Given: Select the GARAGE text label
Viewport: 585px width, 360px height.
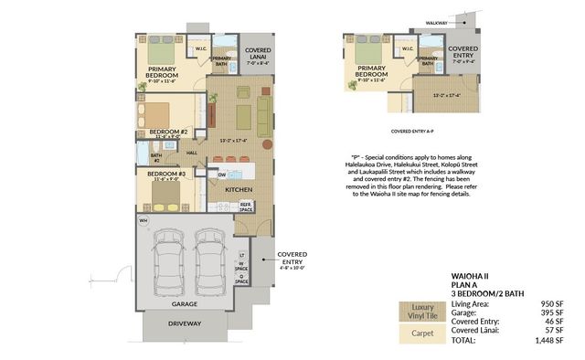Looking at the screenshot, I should click(x=186, y=302).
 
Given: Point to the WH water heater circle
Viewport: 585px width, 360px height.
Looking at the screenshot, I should click(x=144, y=221).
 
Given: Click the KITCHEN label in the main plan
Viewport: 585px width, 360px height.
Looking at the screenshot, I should click(x=238, y=189).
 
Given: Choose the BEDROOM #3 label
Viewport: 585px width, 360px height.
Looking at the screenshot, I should click(x=166, y=174).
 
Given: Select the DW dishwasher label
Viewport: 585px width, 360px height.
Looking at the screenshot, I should click(x=222, y=175).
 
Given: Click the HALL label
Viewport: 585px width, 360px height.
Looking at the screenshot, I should click(x=192, y=153).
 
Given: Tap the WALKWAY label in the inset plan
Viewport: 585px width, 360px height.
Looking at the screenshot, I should click(x=437, y=19).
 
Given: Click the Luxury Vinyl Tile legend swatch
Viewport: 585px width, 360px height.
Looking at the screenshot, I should click(x=422, y=311).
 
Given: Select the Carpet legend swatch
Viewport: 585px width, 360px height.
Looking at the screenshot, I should click(x=422, y=334).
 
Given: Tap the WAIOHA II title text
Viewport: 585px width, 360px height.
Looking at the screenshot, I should click(x=470, y=274).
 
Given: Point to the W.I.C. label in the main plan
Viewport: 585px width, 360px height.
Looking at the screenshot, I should click(x=200, y=48).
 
